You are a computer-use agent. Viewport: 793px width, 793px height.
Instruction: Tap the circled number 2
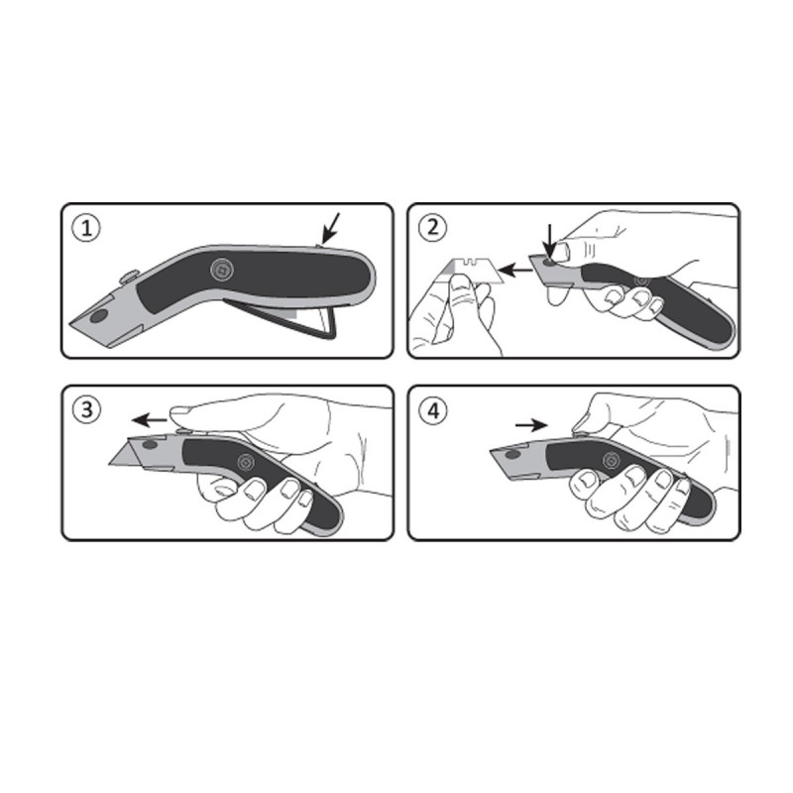[433, 228]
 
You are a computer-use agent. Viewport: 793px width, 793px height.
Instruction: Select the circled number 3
[88, 410]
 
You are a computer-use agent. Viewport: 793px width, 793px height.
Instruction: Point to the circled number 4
[433, 410]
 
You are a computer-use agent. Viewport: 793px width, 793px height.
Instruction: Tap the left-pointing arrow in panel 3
[150, 420]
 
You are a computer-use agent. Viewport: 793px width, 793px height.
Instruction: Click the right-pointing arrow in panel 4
[531, 423]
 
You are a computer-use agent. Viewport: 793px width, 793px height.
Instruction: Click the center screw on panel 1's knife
[221, 269]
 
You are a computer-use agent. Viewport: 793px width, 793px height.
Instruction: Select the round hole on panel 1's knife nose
[98, 317]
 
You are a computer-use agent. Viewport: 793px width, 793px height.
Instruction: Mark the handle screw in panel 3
[243, 462]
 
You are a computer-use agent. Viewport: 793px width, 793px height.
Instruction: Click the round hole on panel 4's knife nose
[511, 453]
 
